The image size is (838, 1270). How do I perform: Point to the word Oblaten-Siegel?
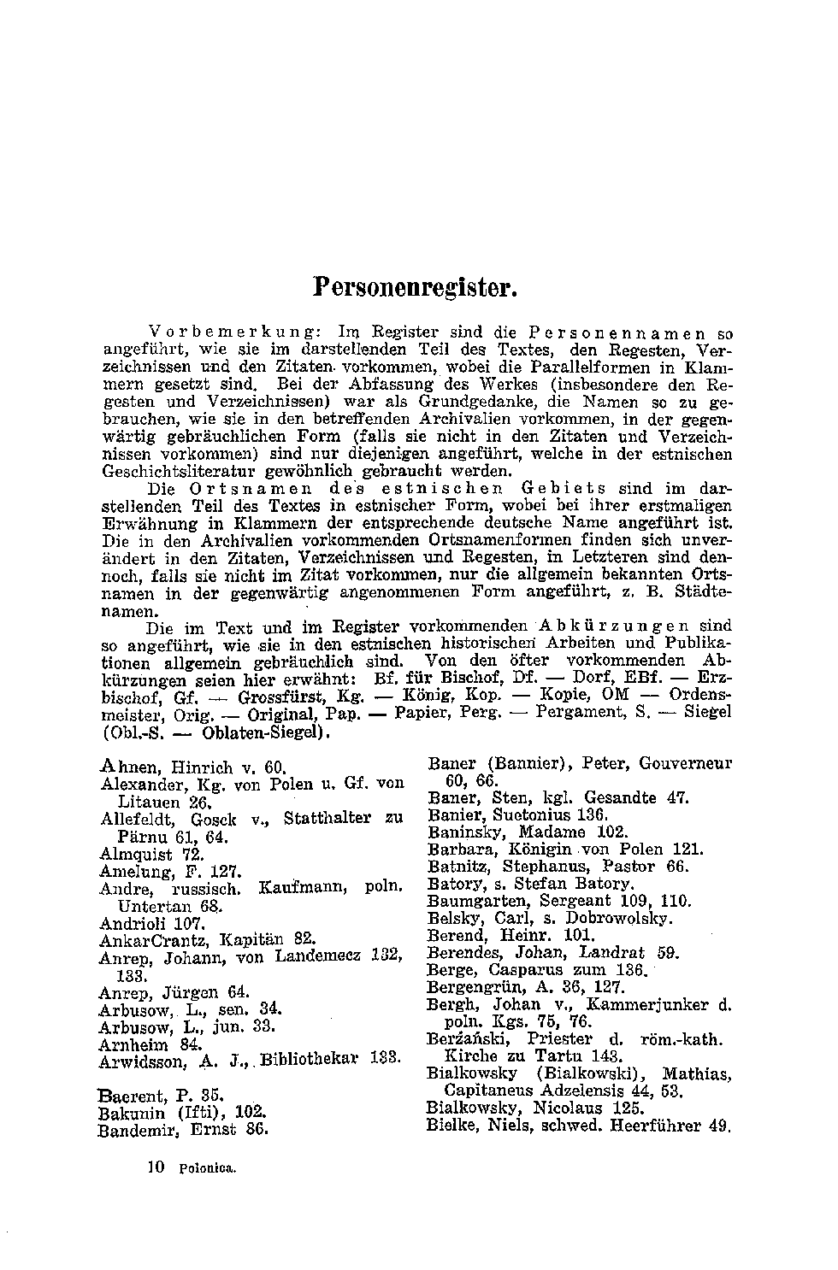(266, 732)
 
